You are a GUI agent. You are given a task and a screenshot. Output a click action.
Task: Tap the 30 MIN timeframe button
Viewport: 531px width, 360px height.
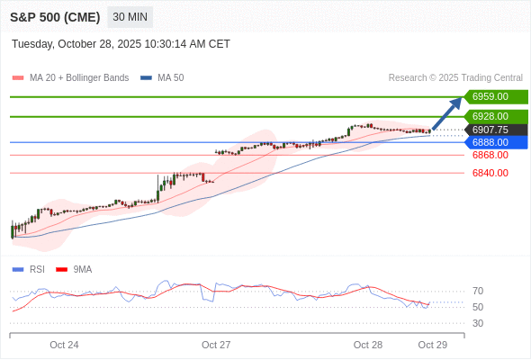[x=130, y=17]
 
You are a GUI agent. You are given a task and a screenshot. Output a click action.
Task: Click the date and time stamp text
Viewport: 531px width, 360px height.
[x=121, y=44]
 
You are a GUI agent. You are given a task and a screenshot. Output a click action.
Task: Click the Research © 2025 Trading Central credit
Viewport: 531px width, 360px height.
[x=455, y=78]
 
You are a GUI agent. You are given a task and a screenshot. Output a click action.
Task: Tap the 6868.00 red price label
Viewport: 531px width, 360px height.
[x=490, y=155]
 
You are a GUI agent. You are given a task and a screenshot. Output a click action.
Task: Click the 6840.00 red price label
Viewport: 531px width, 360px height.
[x=490, y=173]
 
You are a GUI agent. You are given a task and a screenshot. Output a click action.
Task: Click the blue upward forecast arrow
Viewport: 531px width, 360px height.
[x=447, y=114]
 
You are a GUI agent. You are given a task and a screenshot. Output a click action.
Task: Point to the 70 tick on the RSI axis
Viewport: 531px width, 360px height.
[x=478, y=291]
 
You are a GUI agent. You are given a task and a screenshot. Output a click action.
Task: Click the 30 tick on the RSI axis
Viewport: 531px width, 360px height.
[x=478, y=323]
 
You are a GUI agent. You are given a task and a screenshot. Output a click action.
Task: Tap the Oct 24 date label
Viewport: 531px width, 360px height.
[x=64, y=345]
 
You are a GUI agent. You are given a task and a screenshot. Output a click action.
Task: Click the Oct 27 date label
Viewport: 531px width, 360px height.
[x=216, y=345]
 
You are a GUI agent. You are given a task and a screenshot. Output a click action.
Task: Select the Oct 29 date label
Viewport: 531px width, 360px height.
[x=432, y=345]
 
